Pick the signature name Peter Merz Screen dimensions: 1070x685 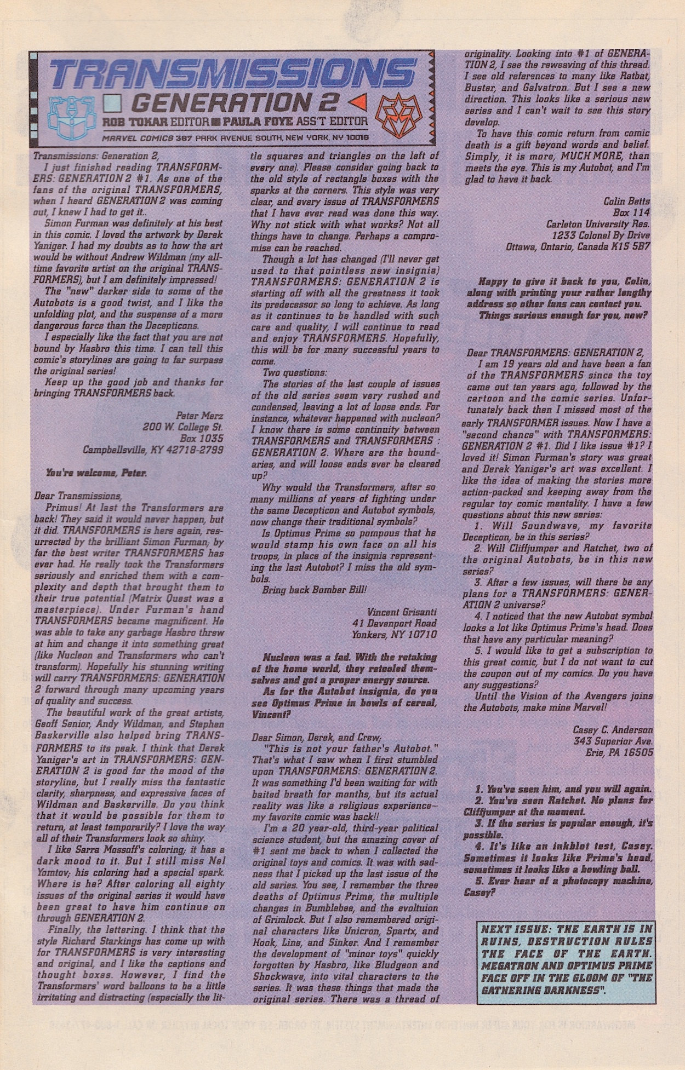click(199, 416)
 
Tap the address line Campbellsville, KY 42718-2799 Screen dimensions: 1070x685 click(153, 450)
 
